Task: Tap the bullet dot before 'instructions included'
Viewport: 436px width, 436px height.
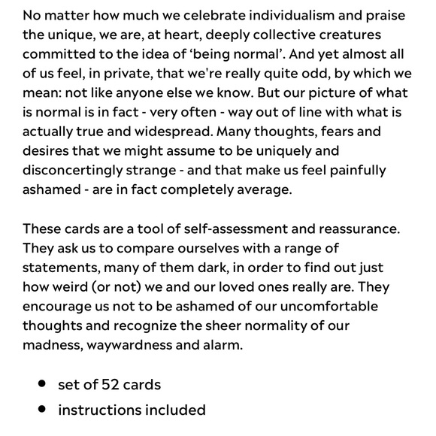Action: [x=42, y=410]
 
